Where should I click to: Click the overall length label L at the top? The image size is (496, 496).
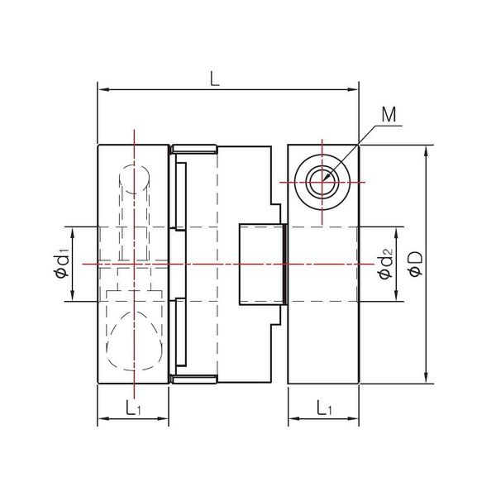point(214,79)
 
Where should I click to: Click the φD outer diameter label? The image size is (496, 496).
point(415,265)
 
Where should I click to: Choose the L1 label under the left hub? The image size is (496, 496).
point(132,408)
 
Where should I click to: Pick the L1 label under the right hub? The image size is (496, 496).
point(324,408)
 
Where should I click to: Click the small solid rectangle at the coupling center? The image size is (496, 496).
point(261,264)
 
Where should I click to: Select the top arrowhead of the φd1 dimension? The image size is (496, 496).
point(74,231)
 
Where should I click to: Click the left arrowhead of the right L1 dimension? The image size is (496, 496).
point(293,422)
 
